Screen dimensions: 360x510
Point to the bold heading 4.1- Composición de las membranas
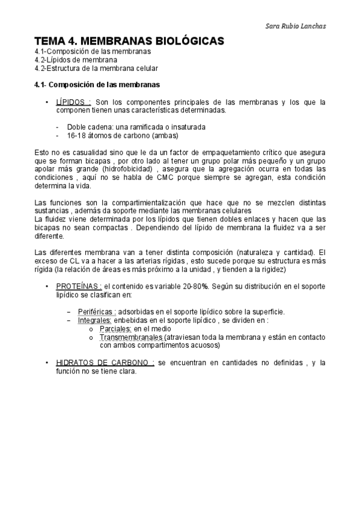point(97,84)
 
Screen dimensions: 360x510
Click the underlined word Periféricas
point(97,312)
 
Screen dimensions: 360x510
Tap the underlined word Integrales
point(95,320)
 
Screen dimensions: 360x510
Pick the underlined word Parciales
point(116,329)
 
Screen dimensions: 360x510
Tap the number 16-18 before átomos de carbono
point(78,135)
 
